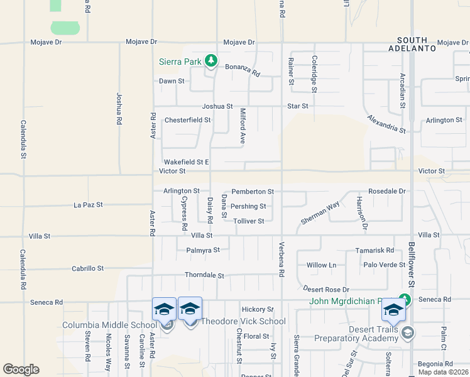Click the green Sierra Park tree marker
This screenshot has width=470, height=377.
[212, 61]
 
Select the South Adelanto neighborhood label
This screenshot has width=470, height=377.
[412, 43]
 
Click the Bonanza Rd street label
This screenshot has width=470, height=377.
[242, 69]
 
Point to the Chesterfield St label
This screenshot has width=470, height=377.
[187, 120]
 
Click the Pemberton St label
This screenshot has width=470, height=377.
[253, 191]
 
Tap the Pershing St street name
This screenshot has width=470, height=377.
[248, 206]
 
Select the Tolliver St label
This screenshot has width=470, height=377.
[248, 221]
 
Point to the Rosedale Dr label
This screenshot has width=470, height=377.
[387, 191]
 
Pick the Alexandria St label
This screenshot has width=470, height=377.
[386, 124]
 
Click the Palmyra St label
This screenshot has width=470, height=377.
[203, 250]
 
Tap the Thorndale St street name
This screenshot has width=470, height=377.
[204, 275]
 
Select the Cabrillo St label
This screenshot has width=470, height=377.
[87, 268]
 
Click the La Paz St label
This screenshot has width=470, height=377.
[88, 205]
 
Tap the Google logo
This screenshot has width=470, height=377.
[21, 369]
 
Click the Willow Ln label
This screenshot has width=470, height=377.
[322, 265]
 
